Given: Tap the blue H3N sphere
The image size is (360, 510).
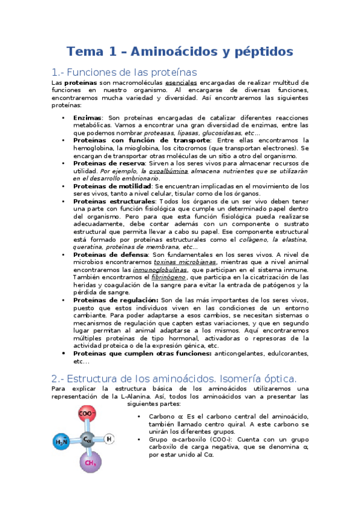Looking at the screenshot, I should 62,442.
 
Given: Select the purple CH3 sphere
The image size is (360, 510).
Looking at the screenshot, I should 91,462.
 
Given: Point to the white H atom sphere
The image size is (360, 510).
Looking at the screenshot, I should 109,438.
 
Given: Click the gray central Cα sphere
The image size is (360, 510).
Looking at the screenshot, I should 88,440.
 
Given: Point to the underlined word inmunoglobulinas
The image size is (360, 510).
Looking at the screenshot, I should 157,270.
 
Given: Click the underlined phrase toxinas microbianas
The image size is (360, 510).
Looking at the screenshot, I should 186,262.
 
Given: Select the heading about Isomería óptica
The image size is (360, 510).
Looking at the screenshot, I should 174,379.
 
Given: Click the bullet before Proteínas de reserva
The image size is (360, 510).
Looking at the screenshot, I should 64,163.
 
